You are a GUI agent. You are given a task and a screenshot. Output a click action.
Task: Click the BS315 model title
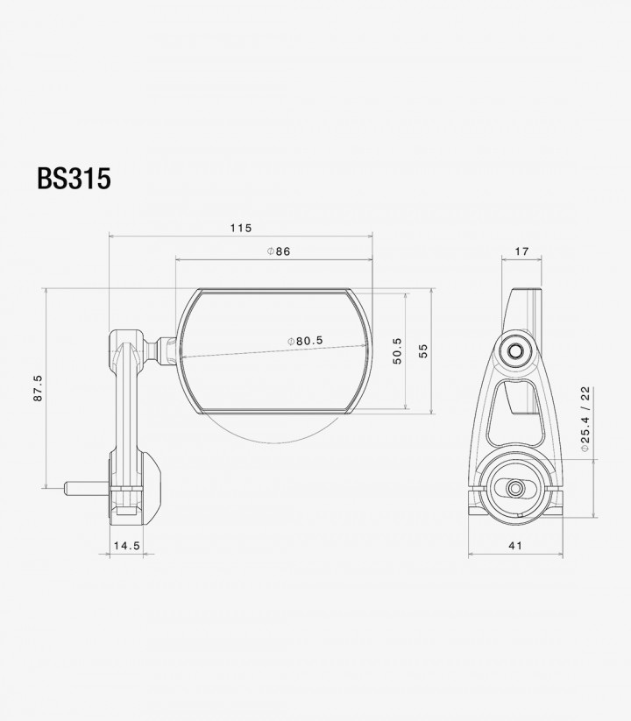click(74, 179)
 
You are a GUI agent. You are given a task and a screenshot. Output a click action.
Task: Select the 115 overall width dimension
click(241, 228)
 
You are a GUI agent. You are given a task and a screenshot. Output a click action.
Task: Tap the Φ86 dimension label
click(280, 251)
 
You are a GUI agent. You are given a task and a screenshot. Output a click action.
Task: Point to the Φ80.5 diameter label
click(305, 341)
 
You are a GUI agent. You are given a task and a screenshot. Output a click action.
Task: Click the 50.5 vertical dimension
click(397, 350)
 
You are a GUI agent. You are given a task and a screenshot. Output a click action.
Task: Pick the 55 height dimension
click(423, 350)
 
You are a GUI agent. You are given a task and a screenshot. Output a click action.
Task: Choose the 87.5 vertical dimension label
click(38, 388)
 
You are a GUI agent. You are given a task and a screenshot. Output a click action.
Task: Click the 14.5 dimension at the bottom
click(127, 546)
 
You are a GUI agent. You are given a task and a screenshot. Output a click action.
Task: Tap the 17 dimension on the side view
click(521, 251)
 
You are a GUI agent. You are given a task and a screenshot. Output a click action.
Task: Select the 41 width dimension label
click(515, 546)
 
